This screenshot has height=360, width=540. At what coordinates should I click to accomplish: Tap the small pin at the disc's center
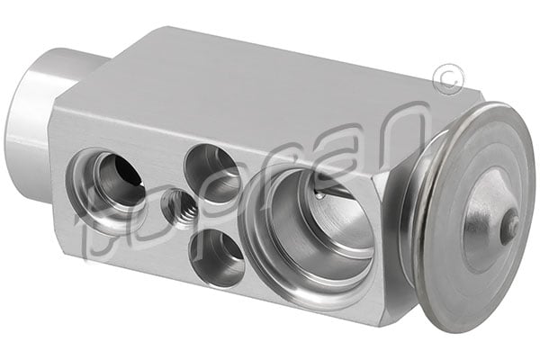509,226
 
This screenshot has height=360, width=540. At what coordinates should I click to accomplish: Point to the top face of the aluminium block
270,90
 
